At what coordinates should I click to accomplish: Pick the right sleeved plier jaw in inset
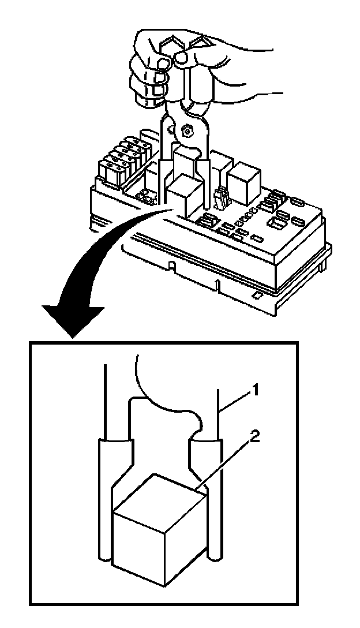(211, 496)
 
